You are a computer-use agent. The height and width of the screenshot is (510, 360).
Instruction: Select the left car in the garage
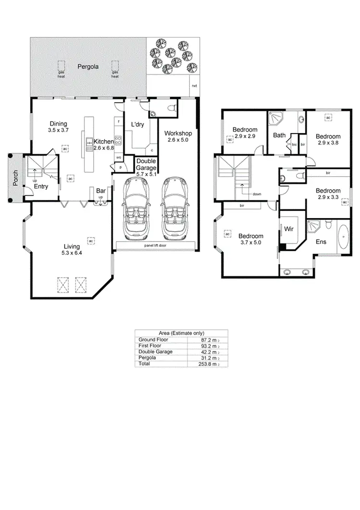point(136,209)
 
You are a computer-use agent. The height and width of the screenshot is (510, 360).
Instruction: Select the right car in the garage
point(173,209)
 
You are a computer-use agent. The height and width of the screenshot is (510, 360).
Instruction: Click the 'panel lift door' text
point(155,245)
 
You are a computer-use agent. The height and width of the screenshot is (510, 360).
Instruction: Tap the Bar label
point(100,190)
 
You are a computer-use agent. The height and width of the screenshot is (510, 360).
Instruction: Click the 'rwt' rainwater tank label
point(194,86)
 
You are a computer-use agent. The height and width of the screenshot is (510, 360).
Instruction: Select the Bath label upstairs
point(279,135)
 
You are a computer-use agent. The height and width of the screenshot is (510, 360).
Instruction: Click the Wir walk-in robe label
point(289,230)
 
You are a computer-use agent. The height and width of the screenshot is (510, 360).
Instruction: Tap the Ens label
point(321,242)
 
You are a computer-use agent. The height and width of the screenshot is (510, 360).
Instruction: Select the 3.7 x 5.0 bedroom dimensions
point(251,243)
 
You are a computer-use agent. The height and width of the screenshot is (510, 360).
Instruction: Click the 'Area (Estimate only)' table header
point(181,333)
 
